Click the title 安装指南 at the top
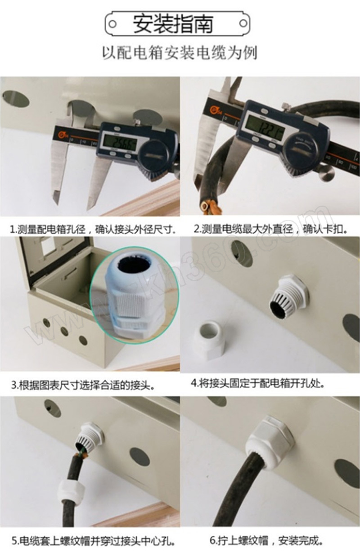173,24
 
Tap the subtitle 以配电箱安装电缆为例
180,53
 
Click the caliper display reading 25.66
120,144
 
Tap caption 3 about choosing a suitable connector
84,385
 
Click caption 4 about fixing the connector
257,383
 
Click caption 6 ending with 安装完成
266,541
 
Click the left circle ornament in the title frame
112,24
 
